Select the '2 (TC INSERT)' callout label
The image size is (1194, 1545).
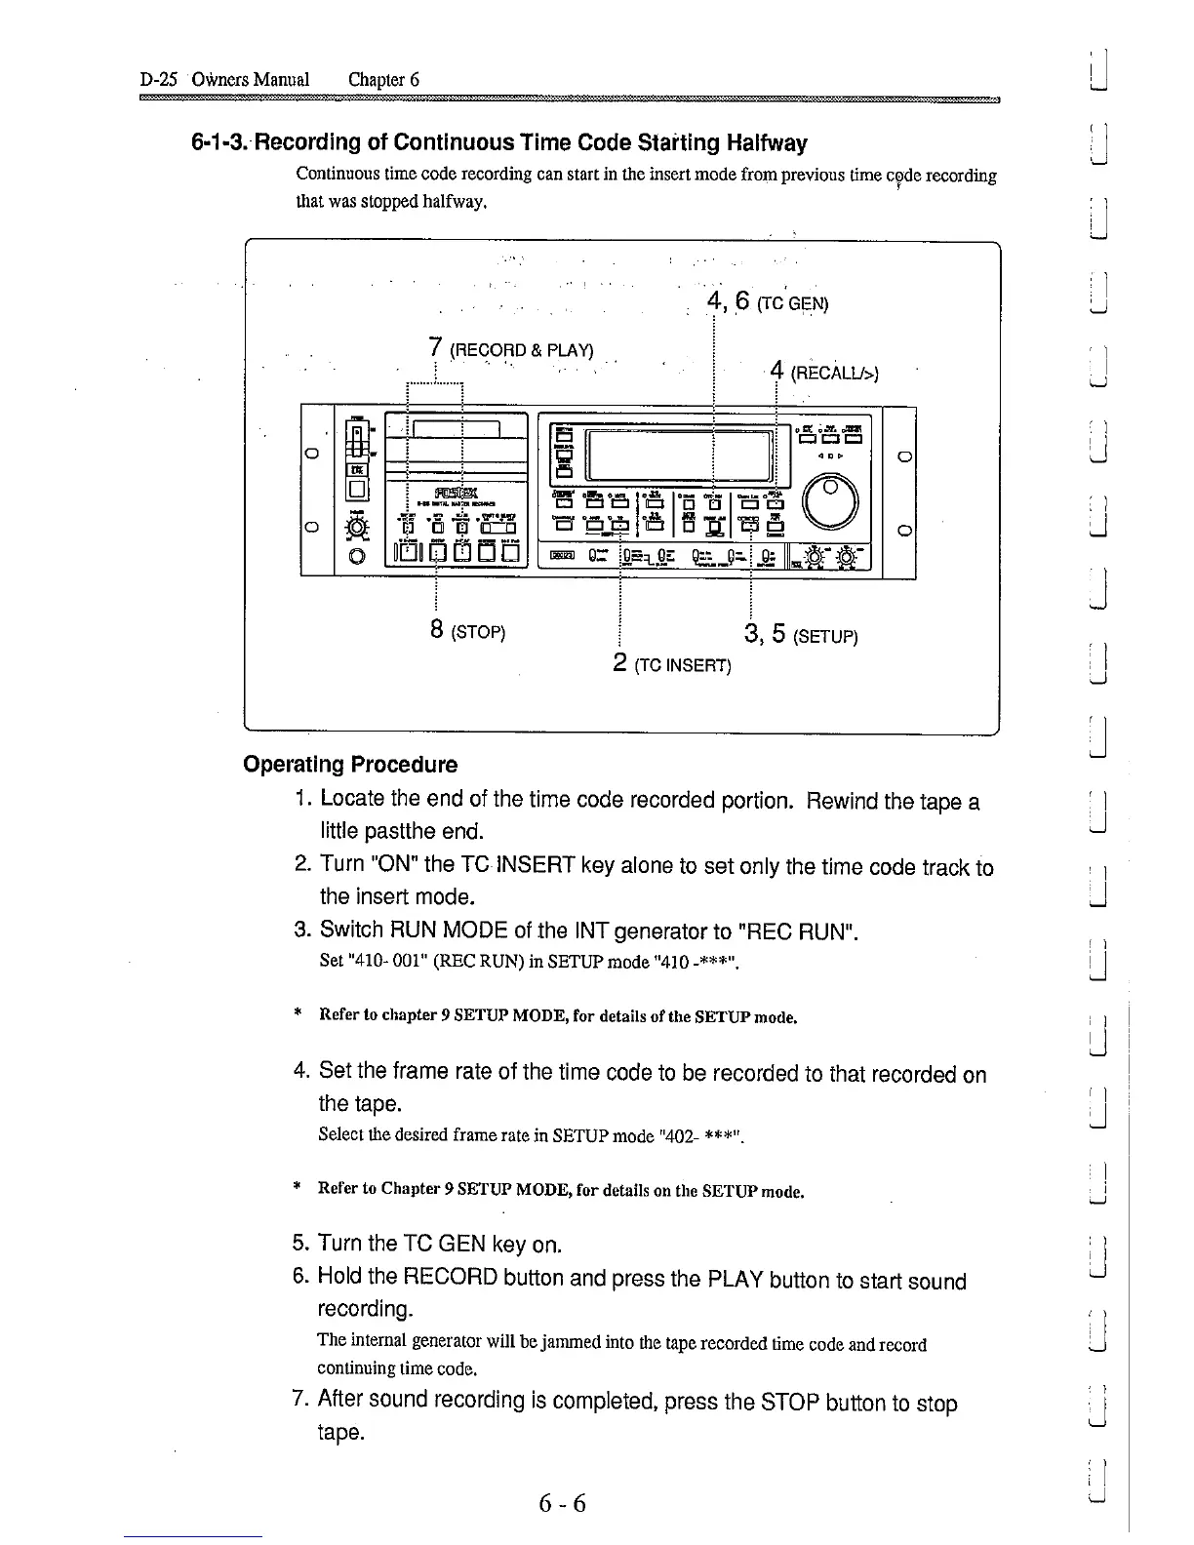pyautogui.click(x=672, y=665)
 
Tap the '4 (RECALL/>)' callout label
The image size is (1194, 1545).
pyautogui.click(x=824, y=372)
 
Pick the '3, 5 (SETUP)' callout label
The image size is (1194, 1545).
pyautogui.click(x=800, y=636)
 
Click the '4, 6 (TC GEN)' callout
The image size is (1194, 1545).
pyautogui.click(x=767, y=302)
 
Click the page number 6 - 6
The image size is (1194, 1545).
pyautogui.click(x=562, y=1503)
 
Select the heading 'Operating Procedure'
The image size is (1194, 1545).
pyautogui.click(x=350, y=764)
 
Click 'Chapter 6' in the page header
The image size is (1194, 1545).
pyautogui.click(x=383, y=80)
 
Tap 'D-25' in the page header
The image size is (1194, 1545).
pyautogui.click(x=158, y=80)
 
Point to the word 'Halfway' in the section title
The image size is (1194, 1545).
pyautogui.click(x=767, y=143)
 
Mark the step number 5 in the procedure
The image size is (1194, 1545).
pyautogui.click(x=299, y=1244)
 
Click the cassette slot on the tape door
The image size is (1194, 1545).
pyautogui.click(x=457, y=429)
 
